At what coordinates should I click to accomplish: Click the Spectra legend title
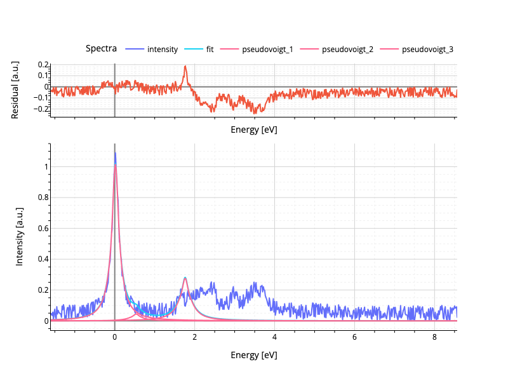coord(101,48)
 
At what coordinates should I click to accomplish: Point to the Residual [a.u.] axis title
coord(15,90)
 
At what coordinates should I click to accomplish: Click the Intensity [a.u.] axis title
coord(19,236)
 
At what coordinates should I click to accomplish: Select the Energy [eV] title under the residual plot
coord(253,130)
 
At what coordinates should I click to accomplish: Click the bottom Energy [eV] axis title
coord(253,355)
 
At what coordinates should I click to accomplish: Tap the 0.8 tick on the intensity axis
coord(41,197)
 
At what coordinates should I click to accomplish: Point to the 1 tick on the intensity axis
coord(45,167)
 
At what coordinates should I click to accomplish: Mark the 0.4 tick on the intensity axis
coord(41,259)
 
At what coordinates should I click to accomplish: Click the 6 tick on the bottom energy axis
coord(354,337)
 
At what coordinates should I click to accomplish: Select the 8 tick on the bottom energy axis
coord(434,337)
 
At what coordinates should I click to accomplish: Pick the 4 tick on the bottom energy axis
coord(274,337)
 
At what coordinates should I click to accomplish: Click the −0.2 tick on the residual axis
coord(42,109)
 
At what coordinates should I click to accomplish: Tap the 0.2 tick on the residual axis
coord(43,65)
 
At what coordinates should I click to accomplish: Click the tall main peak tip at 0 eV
coord(115,153)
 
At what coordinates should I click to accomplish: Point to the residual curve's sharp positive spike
coord(185,66)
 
